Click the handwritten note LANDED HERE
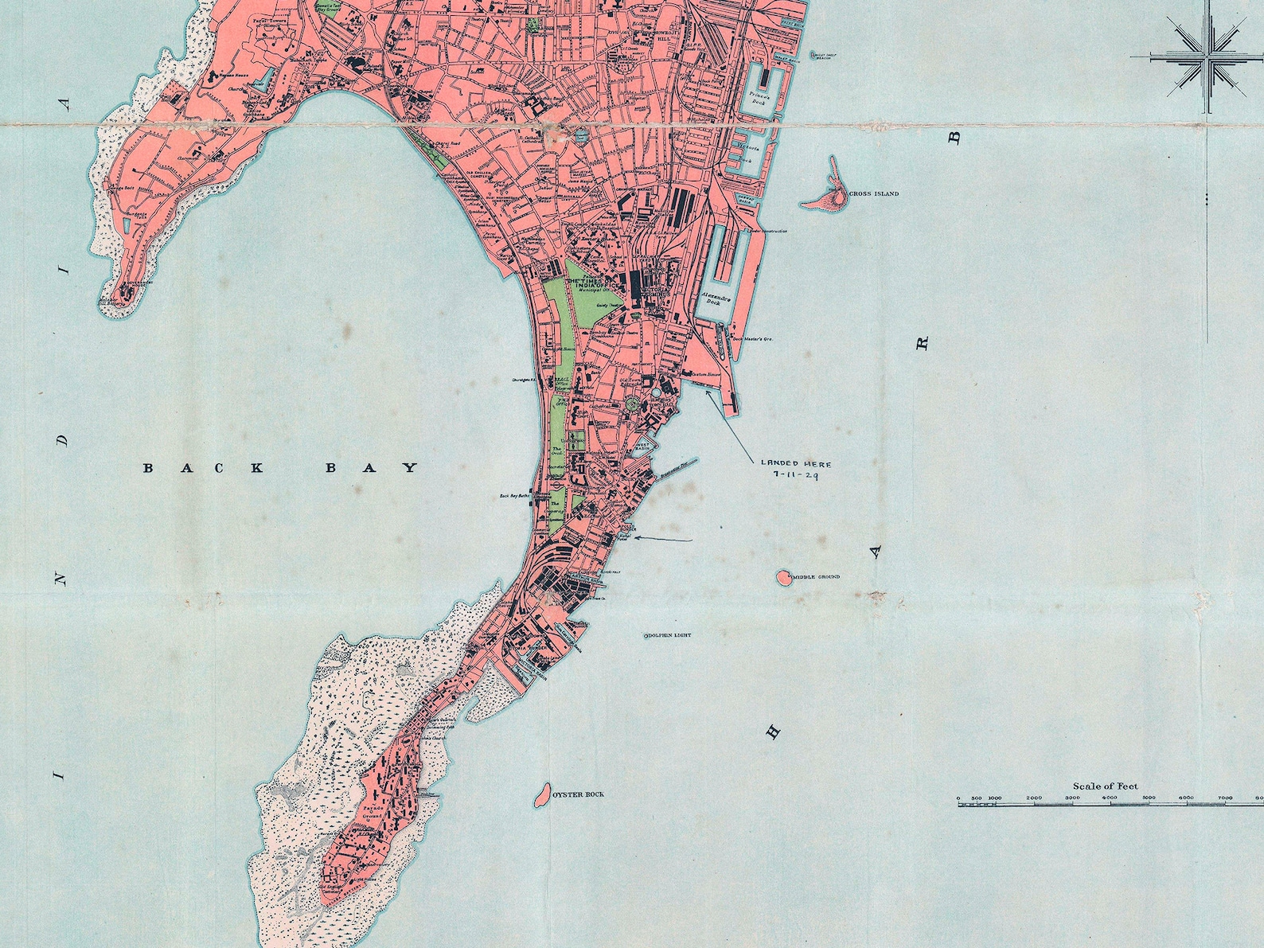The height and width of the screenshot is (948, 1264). (x=795, y=462)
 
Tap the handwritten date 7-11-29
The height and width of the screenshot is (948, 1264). (x=795, y=474)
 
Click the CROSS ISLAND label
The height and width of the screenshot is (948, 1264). (x=874, y=193)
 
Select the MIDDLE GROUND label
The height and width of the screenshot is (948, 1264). (x=815, y=577)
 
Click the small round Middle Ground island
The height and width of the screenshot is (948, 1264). (x=783, y=577)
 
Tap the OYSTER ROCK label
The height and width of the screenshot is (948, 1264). (x=579, y=794)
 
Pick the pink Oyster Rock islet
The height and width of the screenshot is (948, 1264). (x=541, y=794)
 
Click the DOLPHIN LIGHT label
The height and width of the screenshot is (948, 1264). (x=669, y=635)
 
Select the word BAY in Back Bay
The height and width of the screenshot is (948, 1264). (x=372, y=468)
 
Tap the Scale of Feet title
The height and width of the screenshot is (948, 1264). (x=1105, y=786)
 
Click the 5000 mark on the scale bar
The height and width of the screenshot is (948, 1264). (x=1149, y=798)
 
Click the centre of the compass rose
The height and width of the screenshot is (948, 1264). (x=1209, y=57)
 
